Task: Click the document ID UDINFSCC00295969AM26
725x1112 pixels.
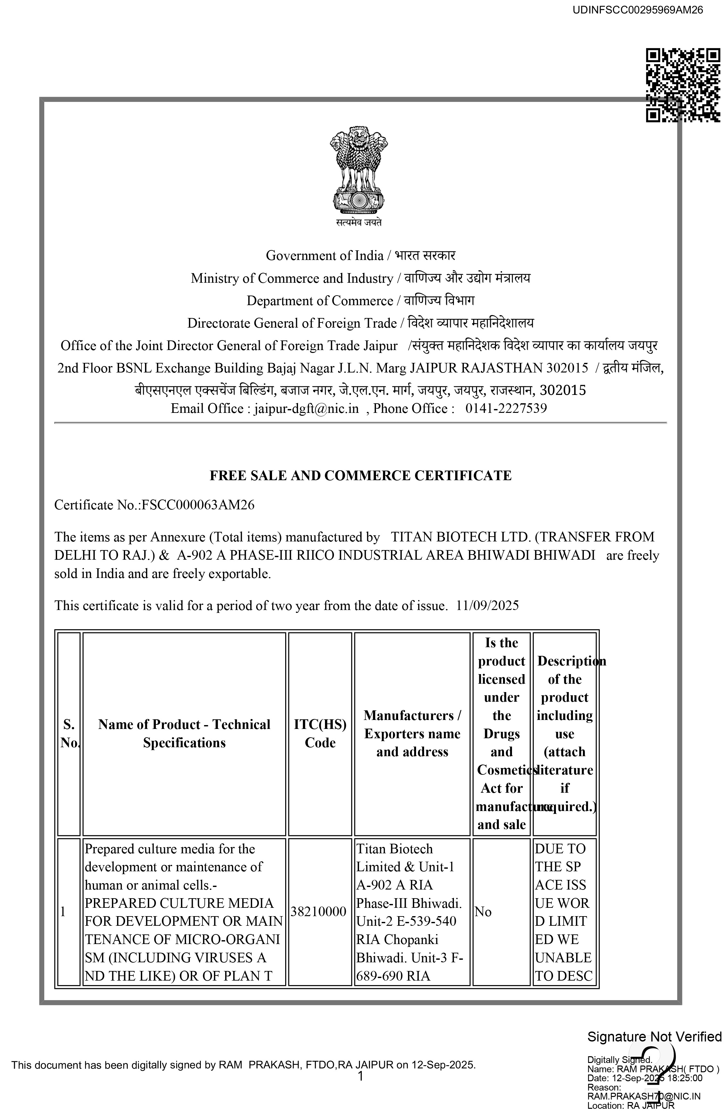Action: (x=638, y=10)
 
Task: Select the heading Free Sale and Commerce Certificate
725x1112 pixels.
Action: (x=360, y=476)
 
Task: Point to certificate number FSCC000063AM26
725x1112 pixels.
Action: (x=198, y=505)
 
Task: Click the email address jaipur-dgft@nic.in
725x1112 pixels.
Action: (x=306, y=409)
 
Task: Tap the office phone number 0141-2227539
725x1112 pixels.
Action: (x=506, y=409)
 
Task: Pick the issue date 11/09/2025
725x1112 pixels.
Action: (x=488, y=606)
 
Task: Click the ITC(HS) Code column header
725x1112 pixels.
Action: (x=320, y=733)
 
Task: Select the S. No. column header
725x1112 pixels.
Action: (x=69, y=733)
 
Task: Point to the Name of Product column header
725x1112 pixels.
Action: (x=184, y=733)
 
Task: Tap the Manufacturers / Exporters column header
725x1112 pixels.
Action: (x=412, y=733)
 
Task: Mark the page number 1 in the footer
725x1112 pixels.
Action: (x=360, y=1076)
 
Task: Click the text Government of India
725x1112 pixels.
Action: (x=324, y=255)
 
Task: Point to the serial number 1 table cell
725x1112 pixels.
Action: (x=63, y=912)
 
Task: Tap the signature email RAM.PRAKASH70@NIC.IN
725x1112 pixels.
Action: (x=644, y=1096)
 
